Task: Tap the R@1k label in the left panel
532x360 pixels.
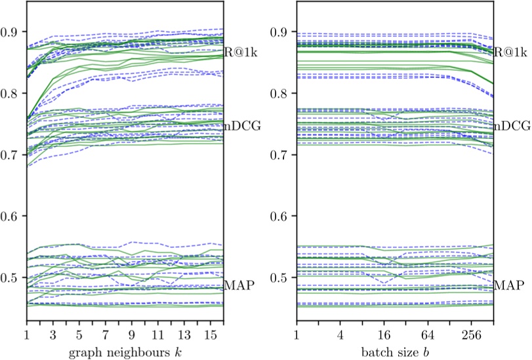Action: point(240,53)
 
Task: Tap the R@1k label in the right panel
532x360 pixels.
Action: point(510,53)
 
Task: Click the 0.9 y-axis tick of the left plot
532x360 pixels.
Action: point(12,32)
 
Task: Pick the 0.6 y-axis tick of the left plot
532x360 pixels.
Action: point(12,216)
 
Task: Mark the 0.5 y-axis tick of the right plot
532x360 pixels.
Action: point(282,277)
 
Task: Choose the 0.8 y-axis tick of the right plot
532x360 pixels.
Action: point(282,94)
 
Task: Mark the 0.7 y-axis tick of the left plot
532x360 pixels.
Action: point(12,155)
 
